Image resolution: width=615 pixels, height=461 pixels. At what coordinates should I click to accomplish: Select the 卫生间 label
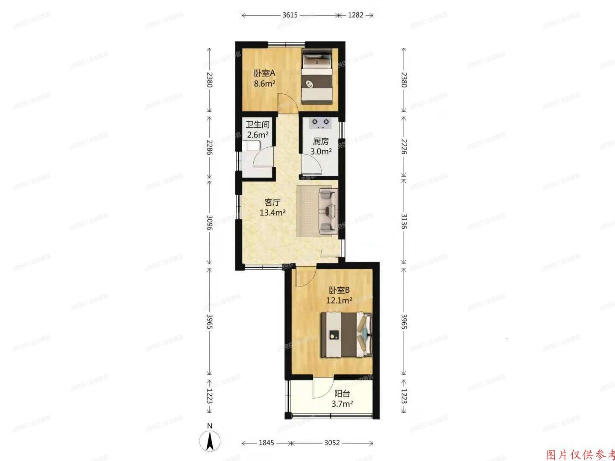[x=258, y=125]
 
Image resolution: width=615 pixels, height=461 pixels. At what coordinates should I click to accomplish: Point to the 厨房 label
[x=321, y=141]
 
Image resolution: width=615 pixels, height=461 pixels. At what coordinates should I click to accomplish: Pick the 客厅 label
[x=272, y=202]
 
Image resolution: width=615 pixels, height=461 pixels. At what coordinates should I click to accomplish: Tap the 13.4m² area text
[x=272, y=212]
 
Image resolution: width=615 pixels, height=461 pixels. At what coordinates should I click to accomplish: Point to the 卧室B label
[x=340, y=290]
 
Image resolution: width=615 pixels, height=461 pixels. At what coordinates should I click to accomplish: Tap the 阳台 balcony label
[x=342, y=394]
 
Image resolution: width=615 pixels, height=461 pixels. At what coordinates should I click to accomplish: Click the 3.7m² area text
[x=342, y=403]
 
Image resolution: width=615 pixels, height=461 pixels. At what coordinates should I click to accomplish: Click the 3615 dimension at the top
[x=290, y=15]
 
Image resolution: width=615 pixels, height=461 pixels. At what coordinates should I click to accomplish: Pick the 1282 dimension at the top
[x=355, y=15]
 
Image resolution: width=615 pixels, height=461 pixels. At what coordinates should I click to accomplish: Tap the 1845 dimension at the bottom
[x=266, y=443]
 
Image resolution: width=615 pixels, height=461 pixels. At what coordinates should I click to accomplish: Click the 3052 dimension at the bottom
[x=332, y=443]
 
